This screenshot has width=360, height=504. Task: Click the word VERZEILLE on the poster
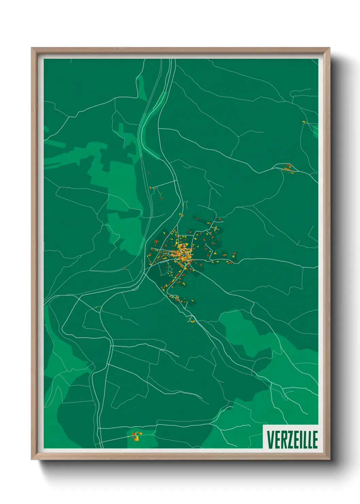click(292, 440)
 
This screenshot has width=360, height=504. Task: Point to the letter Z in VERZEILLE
click(290, 440)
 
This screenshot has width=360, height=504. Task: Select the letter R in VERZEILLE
click(283, 440)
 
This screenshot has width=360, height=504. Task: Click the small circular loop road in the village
click(169, 270)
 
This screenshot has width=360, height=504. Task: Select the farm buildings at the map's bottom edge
click(136, 436)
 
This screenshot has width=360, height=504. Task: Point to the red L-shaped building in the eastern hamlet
click(289, 167)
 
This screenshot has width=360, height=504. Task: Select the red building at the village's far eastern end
click(234, 254)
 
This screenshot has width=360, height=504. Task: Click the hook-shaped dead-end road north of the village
click(186, 167)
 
